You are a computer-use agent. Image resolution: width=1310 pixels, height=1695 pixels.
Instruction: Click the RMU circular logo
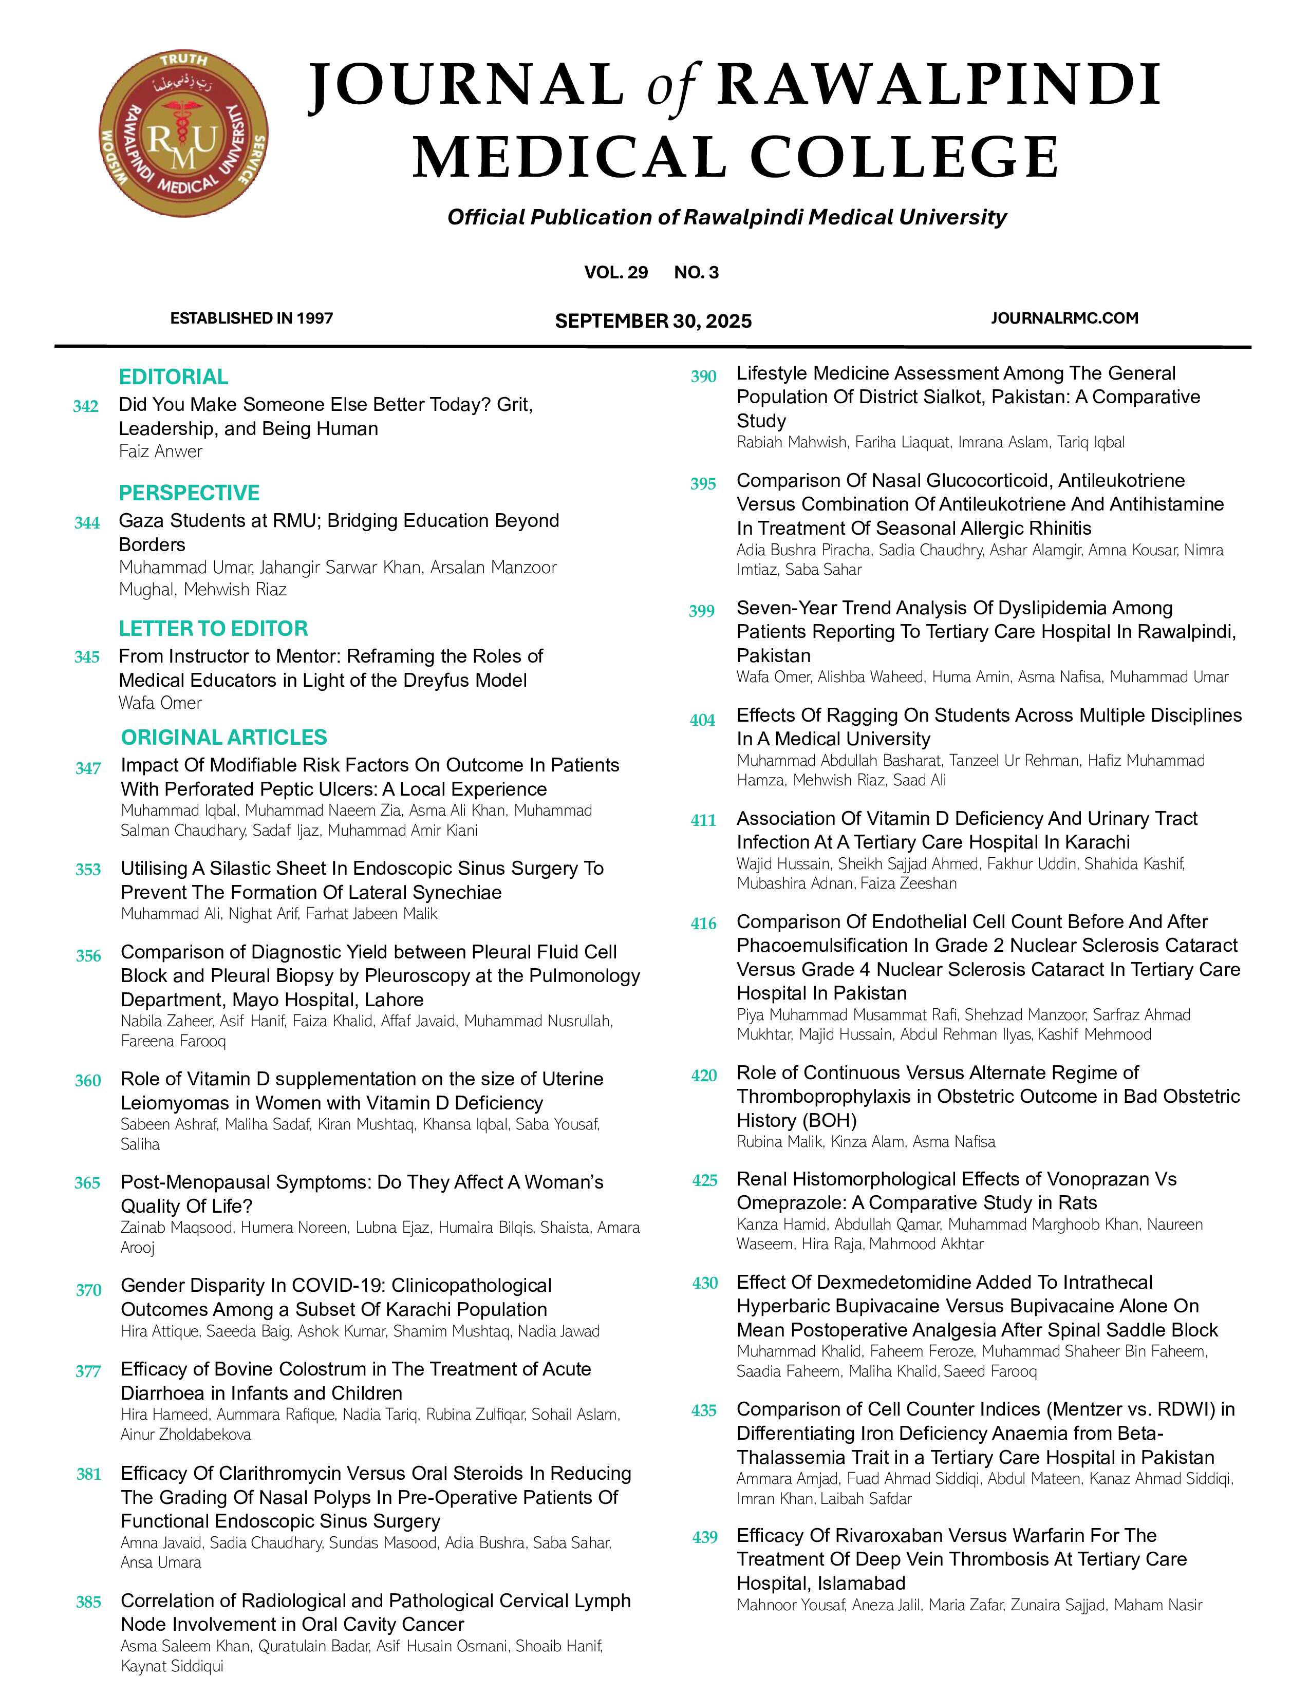183,135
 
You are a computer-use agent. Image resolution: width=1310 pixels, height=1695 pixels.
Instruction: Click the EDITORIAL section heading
173,377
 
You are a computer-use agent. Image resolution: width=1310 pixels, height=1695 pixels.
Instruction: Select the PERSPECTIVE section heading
189,493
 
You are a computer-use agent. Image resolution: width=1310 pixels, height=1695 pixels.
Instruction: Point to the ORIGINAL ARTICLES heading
224,737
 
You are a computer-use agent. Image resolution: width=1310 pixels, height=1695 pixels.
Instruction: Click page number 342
85,407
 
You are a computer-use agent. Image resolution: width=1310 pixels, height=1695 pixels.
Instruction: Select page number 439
705,1537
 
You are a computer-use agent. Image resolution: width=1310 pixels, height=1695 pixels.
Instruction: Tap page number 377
88,1371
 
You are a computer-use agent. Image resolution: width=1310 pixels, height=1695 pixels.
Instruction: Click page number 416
704,924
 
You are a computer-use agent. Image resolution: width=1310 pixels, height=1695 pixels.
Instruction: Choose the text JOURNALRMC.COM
1064,318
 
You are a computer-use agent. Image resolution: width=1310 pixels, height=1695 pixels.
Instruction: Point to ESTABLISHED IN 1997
251,318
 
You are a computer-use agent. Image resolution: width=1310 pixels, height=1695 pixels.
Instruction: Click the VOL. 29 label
615,272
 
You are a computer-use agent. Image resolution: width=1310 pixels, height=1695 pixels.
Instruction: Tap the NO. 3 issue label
696,272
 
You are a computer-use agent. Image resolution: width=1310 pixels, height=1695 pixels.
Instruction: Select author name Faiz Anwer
161,451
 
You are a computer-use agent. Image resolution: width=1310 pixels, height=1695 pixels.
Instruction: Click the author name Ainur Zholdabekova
186,1435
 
